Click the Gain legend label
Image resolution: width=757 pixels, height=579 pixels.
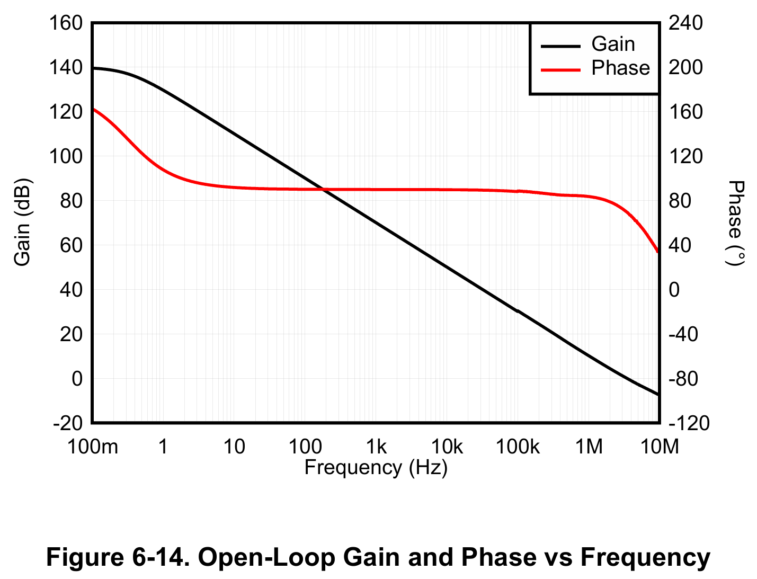[613, 44]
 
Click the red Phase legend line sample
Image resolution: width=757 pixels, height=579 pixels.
[560, 69]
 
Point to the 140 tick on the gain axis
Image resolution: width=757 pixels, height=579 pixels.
[66, 68]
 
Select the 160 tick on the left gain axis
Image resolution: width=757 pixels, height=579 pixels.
[66, 23]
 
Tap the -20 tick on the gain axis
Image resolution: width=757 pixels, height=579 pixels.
[68, 423]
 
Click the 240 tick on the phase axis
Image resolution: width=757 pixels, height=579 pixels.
[685, 23]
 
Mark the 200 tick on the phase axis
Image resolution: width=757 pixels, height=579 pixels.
[685, 68]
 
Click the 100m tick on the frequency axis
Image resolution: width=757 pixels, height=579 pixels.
[93, 448]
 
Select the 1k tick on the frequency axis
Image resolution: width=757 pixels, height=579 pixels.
[376, 448]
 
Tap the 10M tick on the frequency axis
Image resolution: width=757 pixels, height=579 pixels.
[660, 448]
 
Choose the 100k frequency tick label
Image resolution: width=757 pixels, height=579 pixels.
[518, 448]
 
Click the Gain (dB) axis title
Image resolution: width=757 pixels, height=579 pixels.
[22, 222]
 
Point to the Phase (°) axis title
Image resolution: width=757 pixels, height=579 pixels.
[735, 222]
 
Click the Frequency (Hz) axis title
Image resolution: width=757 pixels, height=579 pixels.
[376, 468]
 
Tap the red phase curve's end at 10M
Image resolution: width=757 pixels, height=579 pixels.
[658, 252]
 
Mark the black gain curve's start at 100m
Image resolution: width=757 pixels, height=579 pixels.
[94, 68]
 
